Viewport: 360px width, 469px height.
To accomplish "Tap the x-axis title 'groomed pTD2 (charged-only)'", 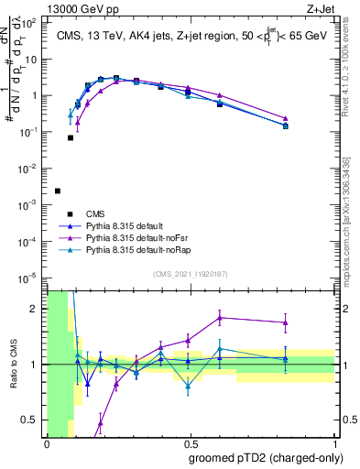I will (265, 457).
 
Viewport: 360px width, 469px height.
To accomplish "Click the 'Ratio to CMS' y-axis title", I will (12, 365).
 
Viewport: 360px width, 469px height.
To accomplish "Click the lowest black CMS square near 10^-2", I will (58, 191).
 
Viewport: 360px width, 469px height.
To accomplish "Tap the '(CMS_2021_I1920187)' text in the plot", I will (191, 273).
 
